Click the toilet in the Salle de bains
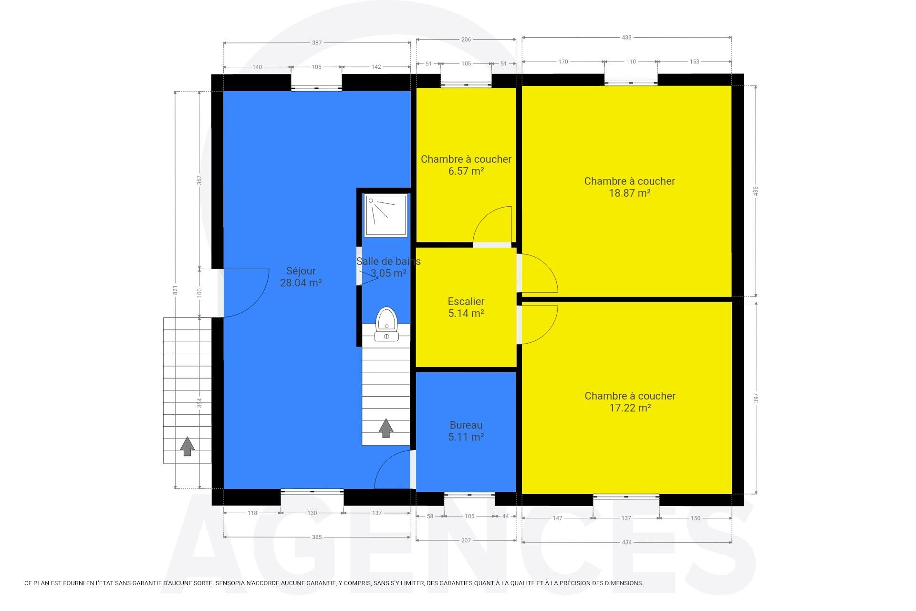[x=386, y=325]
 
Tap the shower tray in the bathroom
[x=386, y=215]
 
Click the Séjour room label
[x=301, y=271]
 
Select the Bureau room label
[x=466, y=425]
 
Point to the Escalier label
[x=466, y=301]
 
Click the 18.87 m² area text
[x=630, y=193]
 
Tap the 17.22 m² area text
[x=630, y=408]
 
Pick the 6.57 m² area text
[x=466, y=171]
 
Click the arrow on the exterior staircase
[x=187, y=446]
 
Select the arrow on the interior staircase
[x=386, y=428]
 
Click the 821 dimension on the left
[x=175, y=290]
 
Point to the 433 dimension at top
[x=626, y=37]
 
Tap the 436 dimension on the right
[x=755, y=191]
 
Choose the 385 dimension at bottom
[x=317, y=537]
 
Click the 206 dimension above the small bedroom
[x=466, y=40]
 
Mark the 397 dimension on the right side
[x=756, y=398]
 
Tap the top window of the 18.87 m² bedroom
[x=631, y=83]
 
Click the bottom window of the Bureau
[x=469, y=495]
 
